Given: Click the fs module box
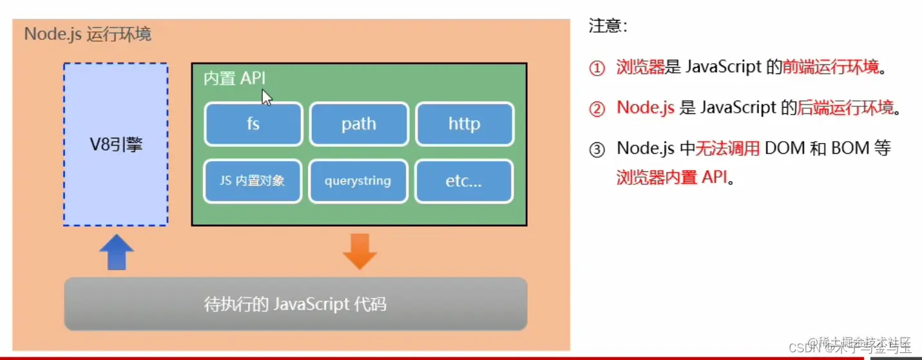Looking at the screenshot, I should pos(253,124).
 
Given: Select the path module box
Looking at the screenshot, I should pos(359,124).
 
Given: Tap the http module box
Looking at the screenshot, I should pos(465,124).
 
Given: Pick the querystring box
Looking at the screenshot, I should pos(358,181).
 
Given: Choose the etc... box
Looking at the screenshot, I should pos(465,181).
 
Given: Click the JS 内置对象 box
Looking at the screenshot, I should pos(253,181).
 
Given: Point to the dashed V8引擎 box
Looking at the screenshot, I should pos(116,145).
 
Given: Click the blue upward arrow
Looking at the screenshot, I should pos(117,252).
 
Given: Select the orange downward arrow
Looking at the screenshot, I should pos(359,251).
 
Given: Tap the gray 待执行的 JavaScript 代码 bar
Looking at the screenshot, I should pos(296,303).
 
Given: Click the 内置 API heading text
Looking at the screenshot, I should pos(235,79).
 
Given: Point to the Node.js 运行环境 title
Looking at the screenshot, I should pos(88,34).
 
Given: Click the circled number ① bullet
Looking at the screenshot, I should pos(597,68).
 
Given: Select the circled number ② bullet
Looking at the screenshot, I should pos(597,109).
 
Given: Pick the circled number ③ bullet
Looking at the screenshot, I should pos(597,149).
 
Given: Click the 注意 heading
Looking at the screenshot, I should pos(607,26).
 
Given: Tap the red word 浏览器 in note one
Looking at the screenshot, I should pos(640,67).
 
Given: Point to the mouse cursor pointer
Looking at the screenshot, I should pos(266,97).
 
